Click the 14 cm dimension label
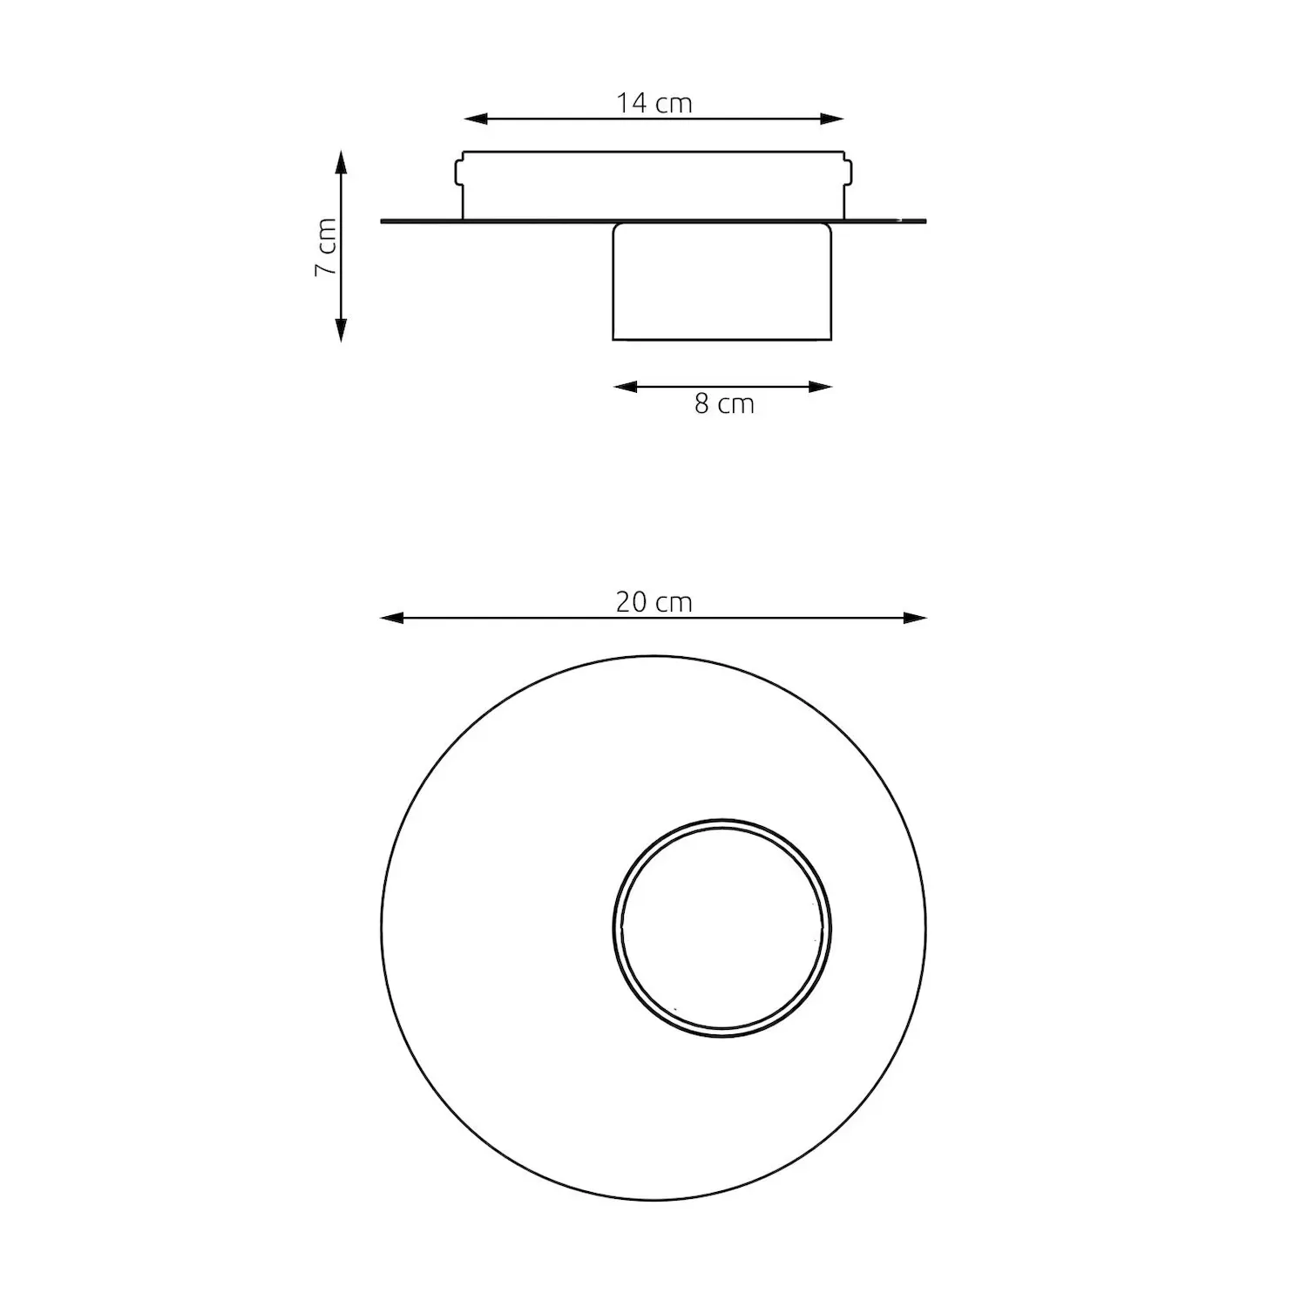coord(654,103)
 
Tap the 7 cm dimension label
coord(325,247)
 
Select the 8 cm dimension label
coord(724,404)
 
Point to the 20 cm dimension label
coord(654,602)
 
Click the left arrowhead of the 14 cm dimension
coord(475,119)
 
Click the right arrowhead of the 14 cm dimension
coord(832,119)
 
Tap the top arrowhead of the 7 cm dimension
coord(341,162)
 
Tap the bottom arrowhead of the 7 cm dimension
coord(341,329)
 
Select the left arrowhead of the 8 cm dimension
coord(626,387)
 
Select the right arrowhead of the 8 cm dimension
coord(821,387)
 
